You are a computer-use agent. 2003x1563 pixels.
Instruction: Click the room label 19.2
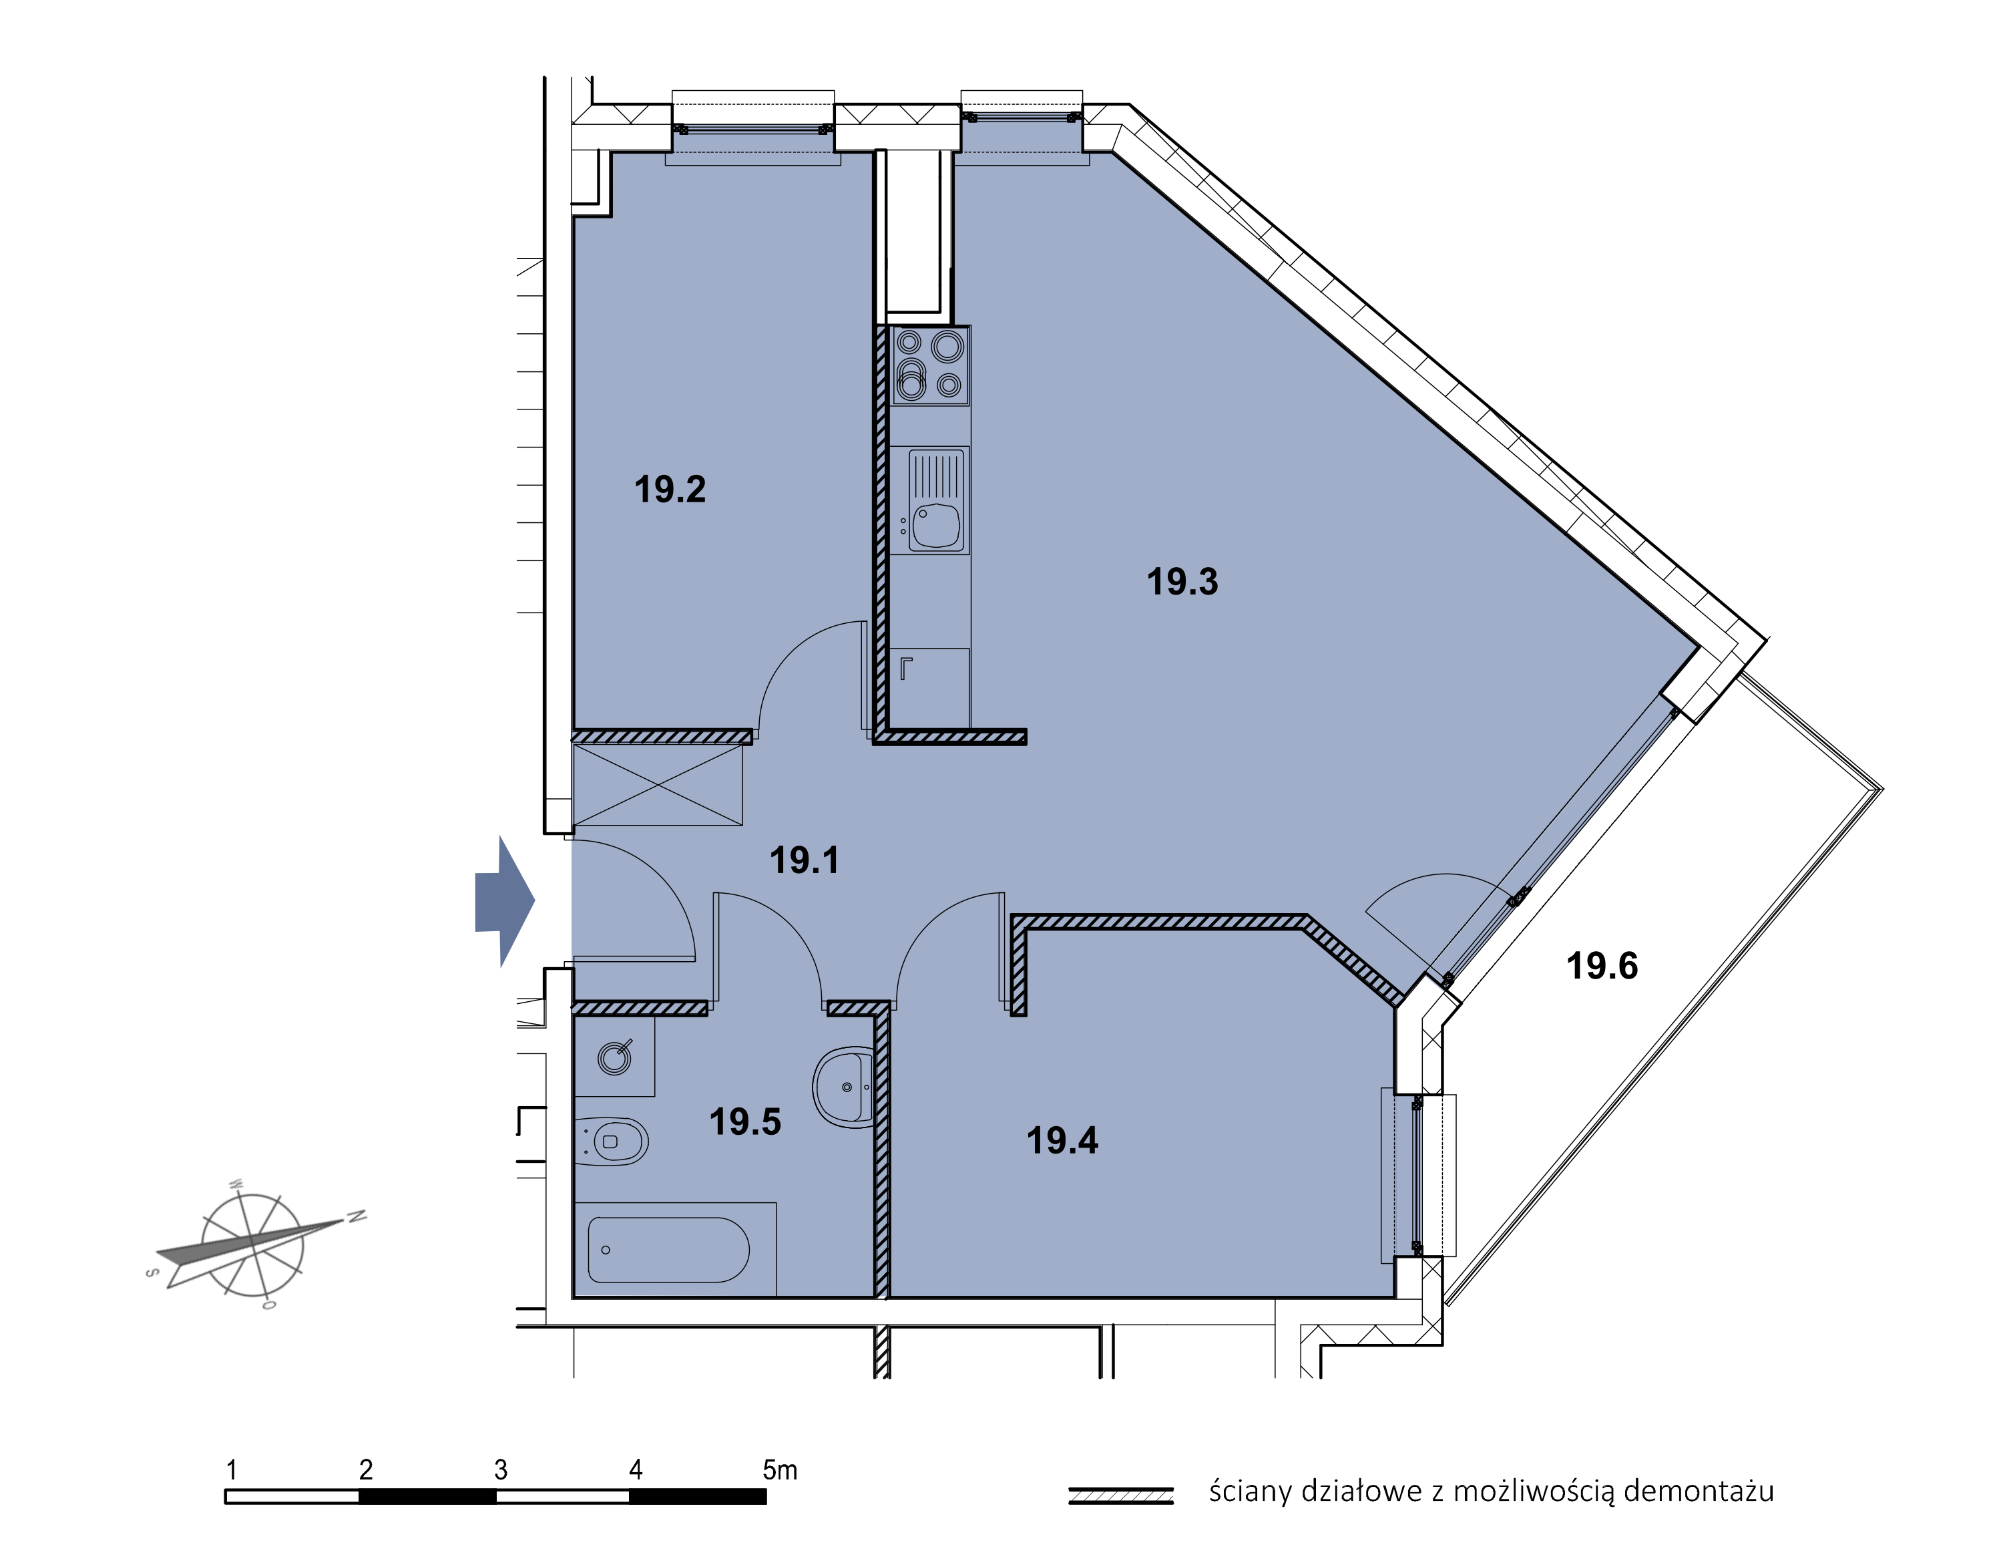[x=670, y=490]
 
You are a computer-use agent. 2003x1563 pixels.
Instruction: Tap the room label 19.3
[x=1182, y=582]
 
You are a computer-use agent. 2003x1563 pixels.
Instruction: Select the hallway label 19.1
[x=805, y=860]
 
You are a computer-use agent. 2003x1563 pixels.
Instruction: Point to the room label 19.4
[x=1062, y=1141]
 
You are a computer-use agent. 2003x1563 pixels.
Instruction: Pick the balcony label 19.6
[x=1602, y=967]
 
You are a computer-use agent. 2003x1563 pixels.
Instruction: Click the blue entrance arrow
[x=504, y=902]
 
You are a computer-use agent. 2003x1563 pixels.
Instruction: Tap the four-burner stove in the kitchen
[x=929, y=366]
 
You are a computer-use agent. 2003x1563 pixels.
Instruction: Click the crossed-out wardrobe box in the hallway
[x=658, y=785]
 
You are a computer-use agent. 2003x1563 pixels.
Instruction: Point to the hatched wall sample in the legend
[x=1121, y=1496]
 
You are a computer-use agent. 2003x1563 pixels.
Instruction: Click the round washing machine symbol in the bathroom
[x=614, y=1059]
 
